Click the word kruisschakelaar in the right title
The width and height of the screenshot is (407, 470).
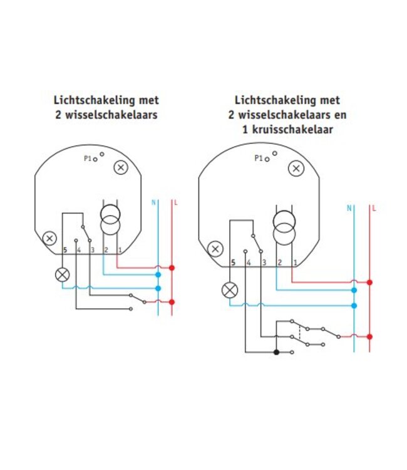[x=292, y=130]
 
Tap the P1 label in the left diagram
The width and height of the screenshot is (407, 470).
[x=88, y=159]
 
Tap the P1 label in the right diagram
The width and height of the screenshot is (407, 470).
[x=259, y=158]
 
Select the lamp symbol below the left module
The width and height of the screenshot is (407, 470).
[x=62, y=274]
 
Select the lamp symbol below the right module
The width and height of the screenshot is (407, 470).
[x=230, y=290]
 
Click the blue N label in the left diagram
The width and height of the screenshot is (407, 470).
[x=153, y=202]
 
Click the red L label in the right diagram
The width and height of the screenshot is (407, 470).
[x=374, y=208]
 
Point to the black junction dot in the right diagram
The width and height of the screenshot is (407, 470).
[x=276, y=352]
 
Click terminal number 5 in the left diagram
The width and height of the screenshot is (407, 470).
[x=65, y=250]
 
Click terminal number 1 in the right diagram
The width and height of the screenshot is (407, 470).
[x=295, y=263]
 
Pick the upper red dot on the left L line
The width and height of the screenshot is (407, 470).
[x=172, y=268]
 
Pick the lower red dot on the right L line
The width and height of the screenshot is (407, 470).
[x=369, y=337]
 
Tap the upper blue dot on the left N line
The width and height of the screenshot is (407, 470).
[x=158, y=274]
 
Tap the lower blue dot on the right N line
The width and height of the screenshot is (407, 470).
[x=354, y=306]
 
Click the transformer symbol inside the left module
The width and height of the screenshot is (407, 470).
[x=110, y=220]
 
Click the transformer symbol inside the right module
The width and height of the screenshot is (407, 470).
[x=284, y=228]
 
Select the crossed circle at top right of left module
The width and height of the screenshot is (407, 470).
[x=121, y=167]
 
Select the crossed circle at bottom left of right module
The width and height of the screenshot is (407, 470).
[x=215, y=249]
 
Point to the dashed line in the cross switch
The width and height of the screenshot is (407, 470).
[x=300, y=332]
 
